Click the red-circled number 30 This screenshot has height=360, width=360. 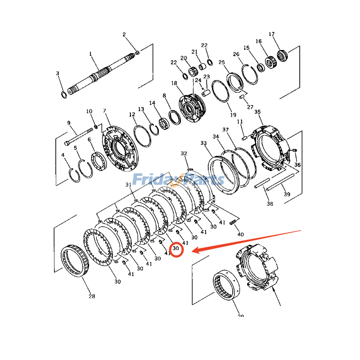click(176, 248)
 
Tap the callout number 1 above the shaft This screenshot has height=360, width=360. click(90, 54)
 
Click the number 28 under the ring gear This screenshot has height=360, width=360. click(92, 296)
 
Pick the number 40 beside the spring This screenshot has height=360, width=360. click(240, 234)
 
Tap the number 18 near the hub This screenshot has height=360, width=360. click(174, 83)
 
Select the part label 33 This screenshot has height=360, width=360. click(203, 143)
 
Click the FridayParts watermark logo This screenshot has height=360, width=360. click(178, 180)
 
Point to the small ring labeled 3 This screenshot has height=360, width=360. click(64, 94)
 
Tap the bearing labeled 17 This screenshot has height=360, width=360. click(282, 55)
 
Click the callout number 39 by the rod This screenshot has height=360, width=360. click(287, 194)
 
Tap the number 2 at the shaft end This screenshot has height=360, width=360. click(124, 35)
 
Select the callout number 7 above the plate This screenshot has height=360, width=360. click(104, 111)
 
